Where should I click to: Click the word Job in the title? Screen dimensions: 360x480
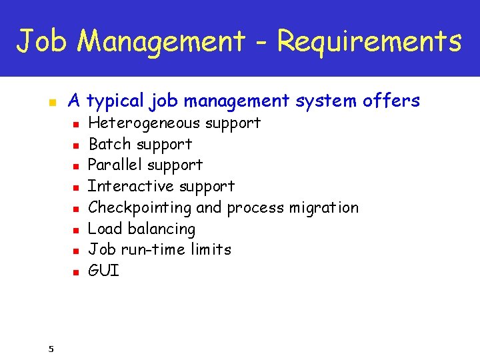point(42,41)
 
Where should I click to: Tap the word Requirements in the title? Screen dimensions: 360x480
point(369,41)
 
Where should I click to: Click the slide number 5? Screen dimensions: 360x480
point(51,348)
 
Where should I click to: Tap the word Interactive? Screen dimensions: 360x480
point(127,186)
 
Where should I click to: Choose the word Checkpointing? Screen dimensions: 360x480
point(140,208)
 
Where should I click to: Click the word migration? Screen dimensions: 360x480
point(323,208)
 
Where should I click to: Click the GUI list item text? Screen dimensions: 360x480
point(103,271)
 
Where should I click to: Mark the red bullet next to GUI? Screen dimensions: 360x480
point(77,272)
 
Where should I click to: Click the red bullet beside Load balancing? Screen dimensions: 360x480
point(77,230)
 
